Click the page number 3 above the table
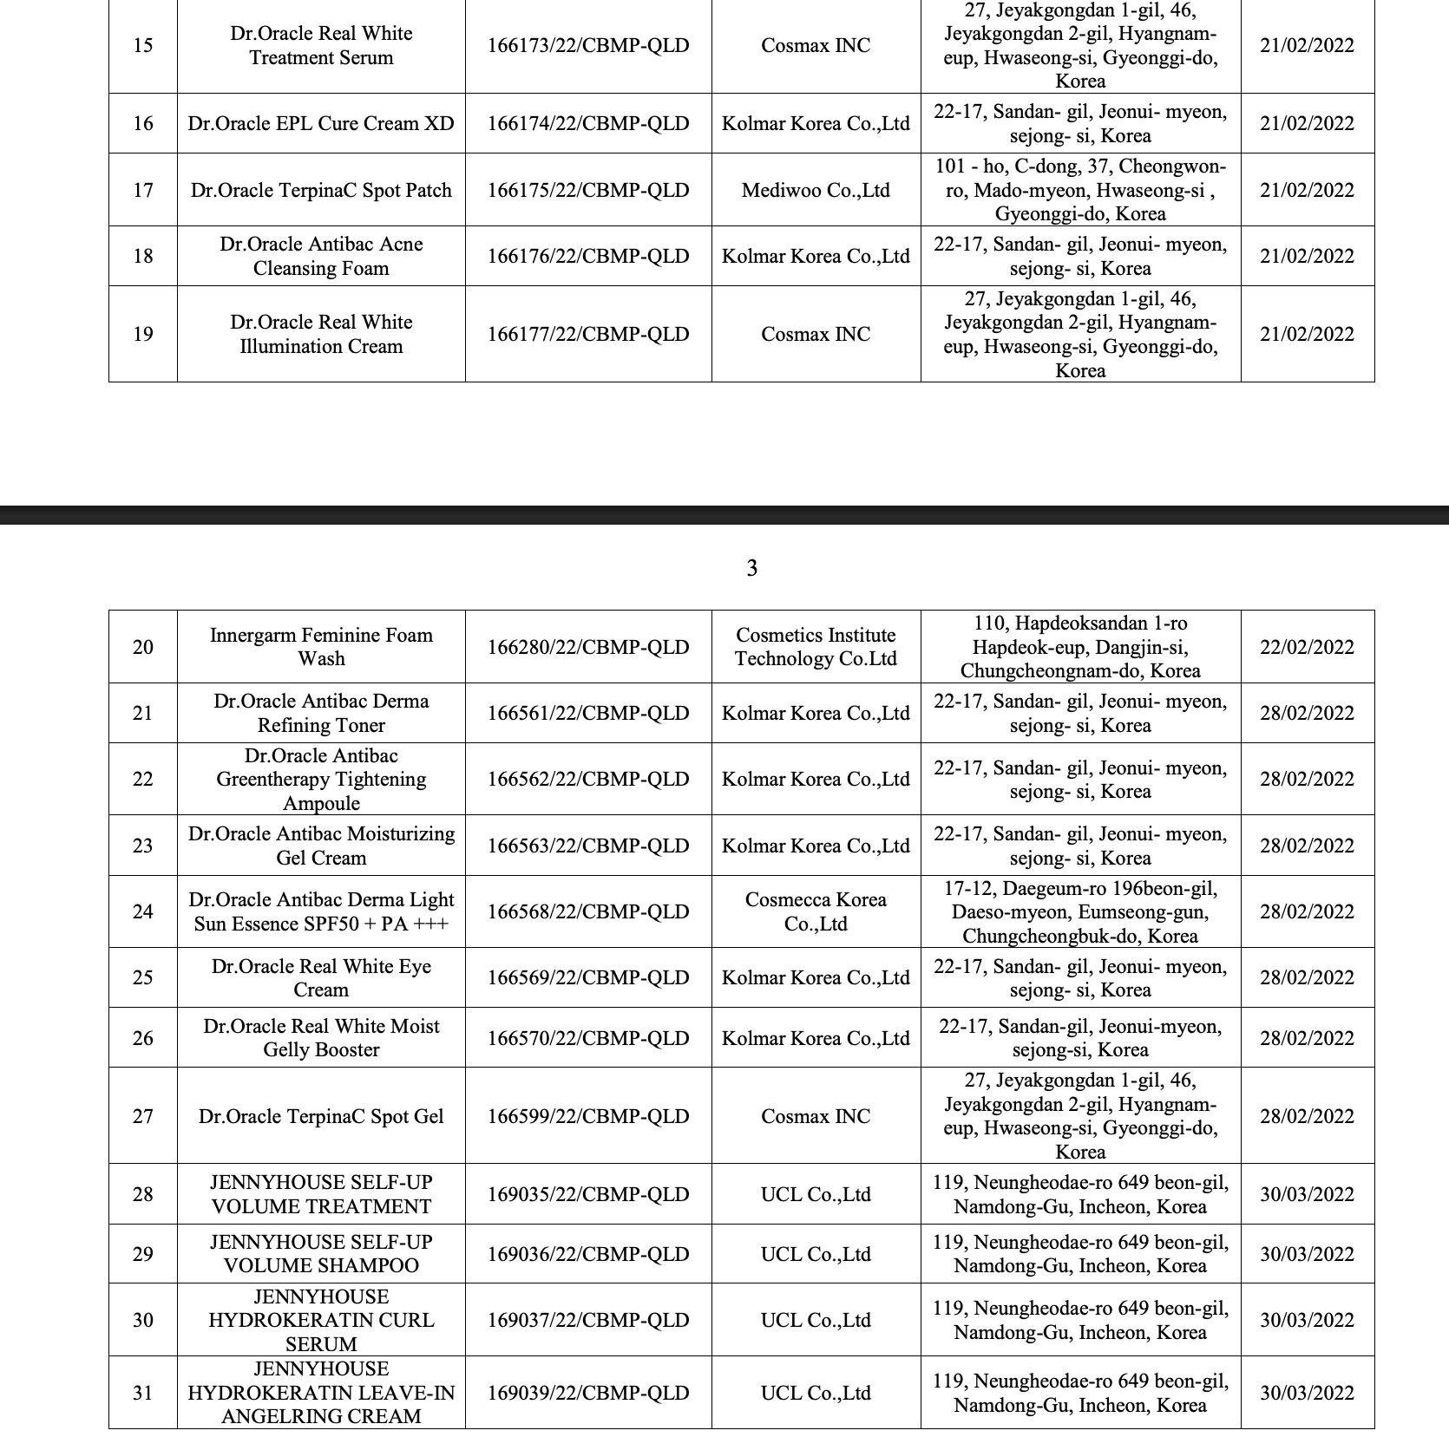[x=751, y=568]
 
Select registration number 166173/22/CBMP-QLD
[x=588, y=45]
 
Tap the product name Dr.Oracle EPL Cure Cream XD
[x=321, y=123]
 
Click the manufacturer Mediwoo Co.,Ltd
[x=816, y=190]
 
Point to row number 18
[x=143, y=256]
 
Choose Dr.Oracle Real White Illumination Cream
[x=321, y=334]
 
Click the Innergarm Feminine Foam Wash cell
[x=321, y=647]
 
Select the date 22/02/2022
[x=1307, y=647]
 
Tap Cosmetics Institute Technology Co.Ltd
[x=816, y=647]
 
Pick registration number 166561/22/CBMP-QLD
[x=588, y=713]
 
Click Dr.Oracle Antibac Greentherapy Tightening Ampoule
[x=321, y=779]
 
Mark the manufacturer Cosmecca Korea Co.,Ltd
[x=816, y=911]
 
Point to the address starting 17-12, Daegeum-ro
[x=1080, y=911]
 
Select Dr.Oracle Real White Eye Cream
[x=321, y=977]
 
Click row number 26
[x=143, y=1038]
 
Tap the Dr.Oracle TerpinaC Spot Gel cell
[x=321, y=1116]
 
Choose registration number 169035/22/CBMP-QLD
[x=588, y=1194]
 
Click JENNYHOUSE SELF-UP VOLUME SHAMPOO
[x=321, y=1254]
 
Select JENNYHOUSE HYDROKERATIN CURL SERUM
[x=321, y=1320]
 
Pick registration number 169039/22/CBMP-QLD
[x=588, y=1393]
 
